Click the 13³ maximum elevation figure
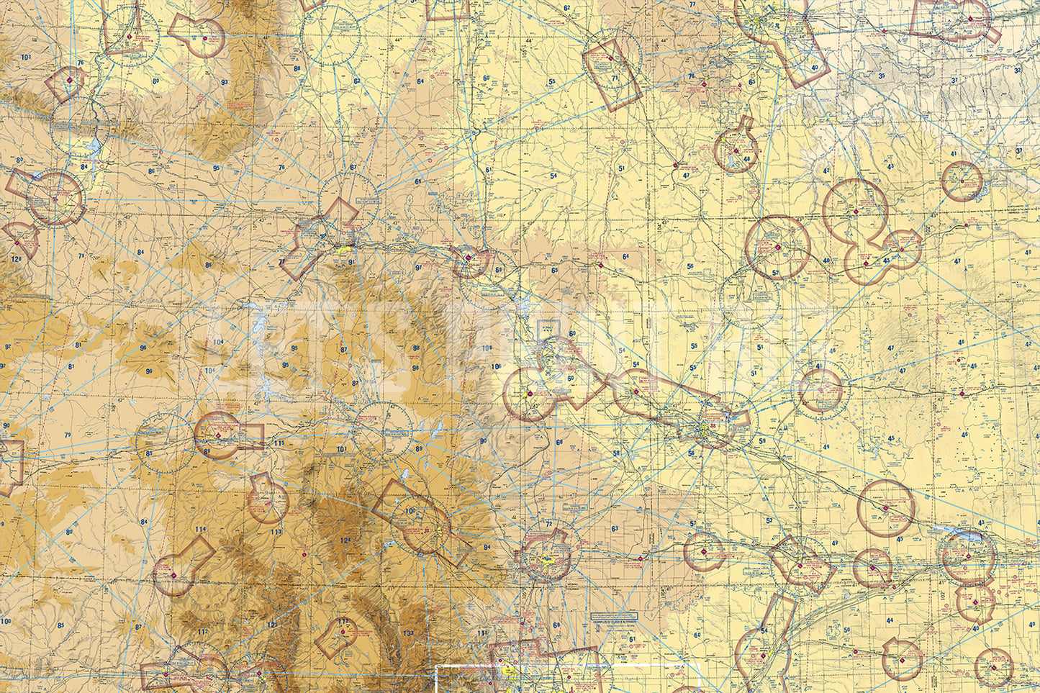(x=408, y=633)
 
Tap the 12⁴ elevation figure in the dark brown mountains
(x=345, y=540)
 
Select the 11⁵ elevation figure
(x=280, y=443)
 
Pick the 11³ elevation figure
(x=276, y=532)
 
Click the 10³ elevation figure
(x=27, y=57)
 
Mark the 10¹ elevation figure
(x=342, y=450)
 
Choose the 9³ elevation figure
(x=224, y=83)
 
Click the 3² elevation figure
(x=1017, y=71)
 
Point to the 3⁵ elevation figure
(x=882, y=76)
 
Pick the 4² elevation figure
(x=826, y=171)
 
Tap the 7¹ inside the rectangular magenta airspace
(x=615, y=77)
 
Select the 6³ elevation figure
(x=615, y=529)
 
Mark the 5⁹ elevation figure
(x=761, y=440)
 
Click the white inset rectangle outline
(x=569, y=666)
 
